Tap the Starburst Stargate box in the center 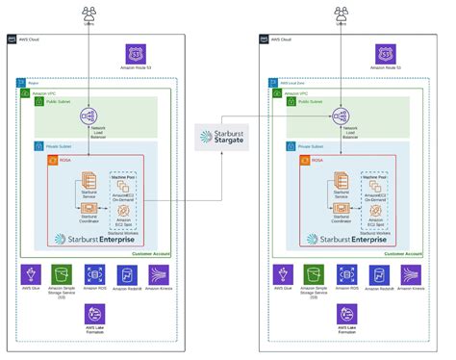[x=228, y=137]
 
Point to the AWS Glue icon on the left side [x=31, y=274]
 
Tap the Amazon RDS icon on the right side [x=348, y=274]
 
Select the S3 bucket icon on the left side [x=63, y=274]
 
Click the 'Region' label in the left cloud [x=32, y=84]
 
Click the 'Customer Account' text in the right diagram [x=401, y=253]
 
